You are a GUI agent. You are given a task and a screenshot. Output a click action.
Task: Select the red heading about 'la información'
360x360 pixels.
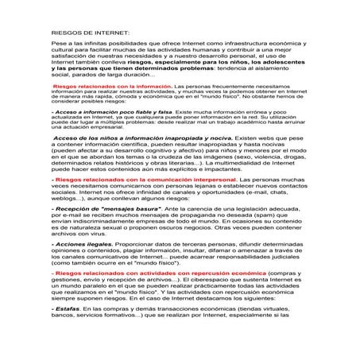[x=111, y=106]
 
